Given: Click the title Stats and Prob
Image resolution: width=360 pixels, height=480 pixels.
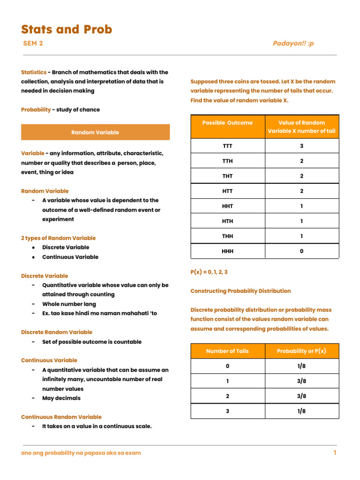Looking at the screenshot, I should coord(67,30).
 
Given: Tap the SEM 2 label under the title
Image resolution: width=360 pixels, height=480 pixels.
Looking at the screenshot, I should coord(33,44).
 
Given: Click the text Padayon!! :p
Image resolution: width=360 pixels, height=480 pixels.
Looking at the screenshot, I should coord(293,44).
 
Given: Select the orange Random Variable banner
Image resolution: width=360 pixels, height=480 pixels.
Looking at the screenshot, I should coord(95,132).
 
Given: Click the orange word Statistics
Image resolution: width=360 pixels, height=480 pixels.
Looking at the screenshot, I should coord(34,72).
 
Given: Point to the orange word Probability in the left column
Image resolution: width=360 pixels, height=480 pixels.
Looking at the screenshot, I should coord(36,110).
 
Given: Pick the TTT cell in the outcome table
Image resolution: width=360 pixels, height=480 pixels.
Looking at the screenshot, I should coord(227,146).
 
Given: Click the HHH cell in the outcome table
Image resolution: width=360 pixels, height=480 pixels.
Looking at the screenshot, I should coord(227,251).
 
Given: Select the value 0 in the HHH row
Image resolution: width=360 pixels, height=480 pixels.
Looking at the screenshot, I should coord(301,251).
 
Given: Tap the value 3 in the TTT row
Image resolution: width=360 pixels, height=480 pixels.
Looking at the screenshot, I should coord(301,146).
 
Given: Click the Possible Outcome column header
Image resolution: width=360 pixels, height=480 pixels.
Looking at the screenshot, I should coord(227,123).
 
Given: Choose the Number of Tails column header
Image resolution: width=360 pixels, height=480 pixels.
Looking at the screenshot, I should coord(227,351).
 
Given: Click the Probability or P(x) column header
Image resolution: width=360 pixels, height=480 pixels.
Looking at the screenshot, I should coord(301,351).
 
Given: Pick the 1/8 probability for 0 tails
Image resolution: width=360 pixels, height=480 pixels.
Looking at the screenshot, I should coord(301,366).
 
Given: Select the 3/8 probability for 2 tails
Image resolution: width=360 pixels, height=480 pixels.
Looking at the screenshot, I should coord(301,396).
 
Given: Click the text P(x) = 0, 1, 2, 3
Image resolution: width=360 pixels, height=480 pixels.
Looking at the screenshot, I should coord(209,272).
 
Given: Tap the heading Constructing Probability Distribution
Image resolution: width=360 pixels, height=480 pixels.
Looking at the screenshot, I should coord(240,291).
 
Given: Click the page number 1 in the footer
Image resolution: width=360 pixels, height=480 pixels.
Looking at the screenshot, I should coord(335,453).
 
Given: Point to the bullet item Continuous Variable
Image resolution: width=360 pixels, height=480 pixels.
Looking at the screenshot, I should coord(70,257).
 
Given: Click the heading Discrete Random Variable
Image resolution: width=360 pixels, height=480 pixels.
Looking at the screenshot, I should coord(57,332).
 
